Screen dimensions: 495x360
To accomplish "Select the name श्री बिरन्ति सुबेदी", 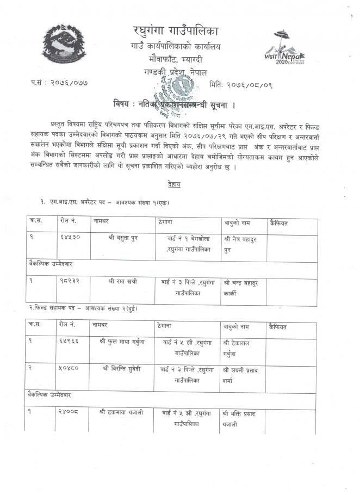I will [x=122, y=368].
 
